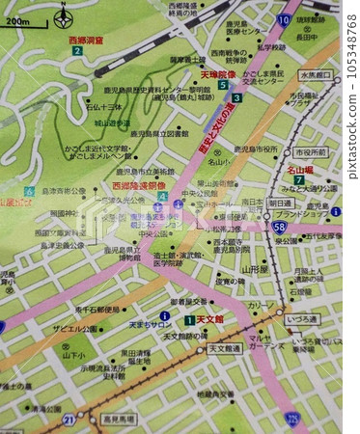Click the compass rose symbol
point(64,16)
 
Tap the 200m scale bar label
point(17,20)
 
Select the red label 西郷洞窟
point(86,40)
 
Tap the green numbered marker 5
point(223,85)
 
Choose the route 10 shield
point(283,18)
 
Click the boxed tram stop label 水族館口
point(315,74)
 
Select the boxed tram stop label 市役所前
point(310,152)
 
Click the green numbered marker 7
point(298,179)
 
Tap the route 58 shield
point(279,226)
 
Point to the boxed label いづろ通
point(302,318)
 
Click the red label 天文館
point(209,319)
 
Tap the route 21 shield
point(69,420)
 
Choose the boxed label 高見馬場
point(119,420)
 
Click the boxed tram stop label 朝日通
point(280,203)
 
